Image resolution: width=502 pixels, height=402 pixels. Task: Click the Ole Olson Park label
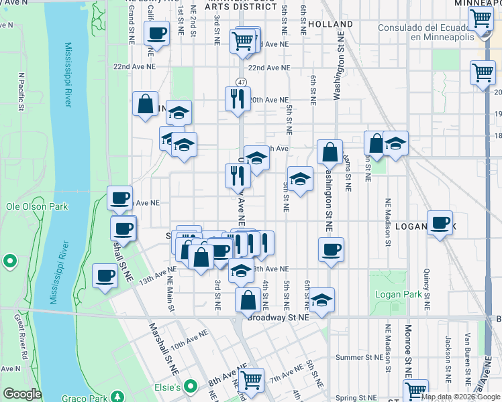[37, 206]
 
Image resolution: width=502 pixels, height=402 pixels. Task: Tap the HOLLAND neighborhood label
[332, 24]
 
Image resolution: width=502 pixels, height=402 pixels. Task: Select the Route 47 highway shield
[241, 81]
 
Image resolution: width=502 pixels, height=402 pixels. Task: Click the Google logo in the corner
[22, 394]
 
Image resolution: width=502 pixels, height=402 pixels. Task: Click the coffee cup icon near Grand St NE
[156, 33]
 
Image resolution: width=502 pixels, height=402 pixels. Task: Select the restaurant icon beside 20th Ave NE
[238, 98]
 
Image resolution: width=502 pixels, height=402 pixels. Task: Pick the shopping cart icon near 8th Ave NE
[251, 380]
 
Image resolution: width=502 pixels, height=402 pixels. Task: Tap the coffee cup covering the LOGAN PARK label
[440, 223]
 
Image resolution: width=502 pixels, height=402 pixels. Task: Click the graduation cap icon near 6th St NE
[322, 299]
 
